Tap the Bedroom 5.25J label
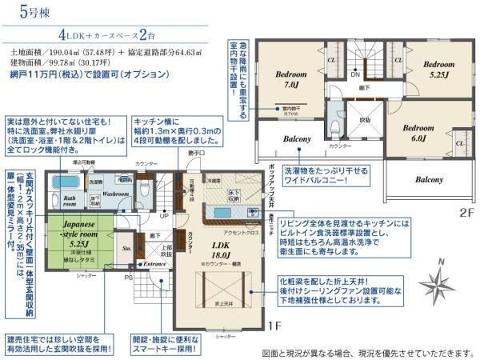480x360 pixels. tap(438, 69)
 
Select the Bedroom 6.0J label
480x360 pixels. tap(418, 132)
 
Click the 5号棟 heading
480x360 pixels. tap(25, 13)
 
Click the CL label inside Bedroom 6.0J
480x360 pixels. tap(459, 143)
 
